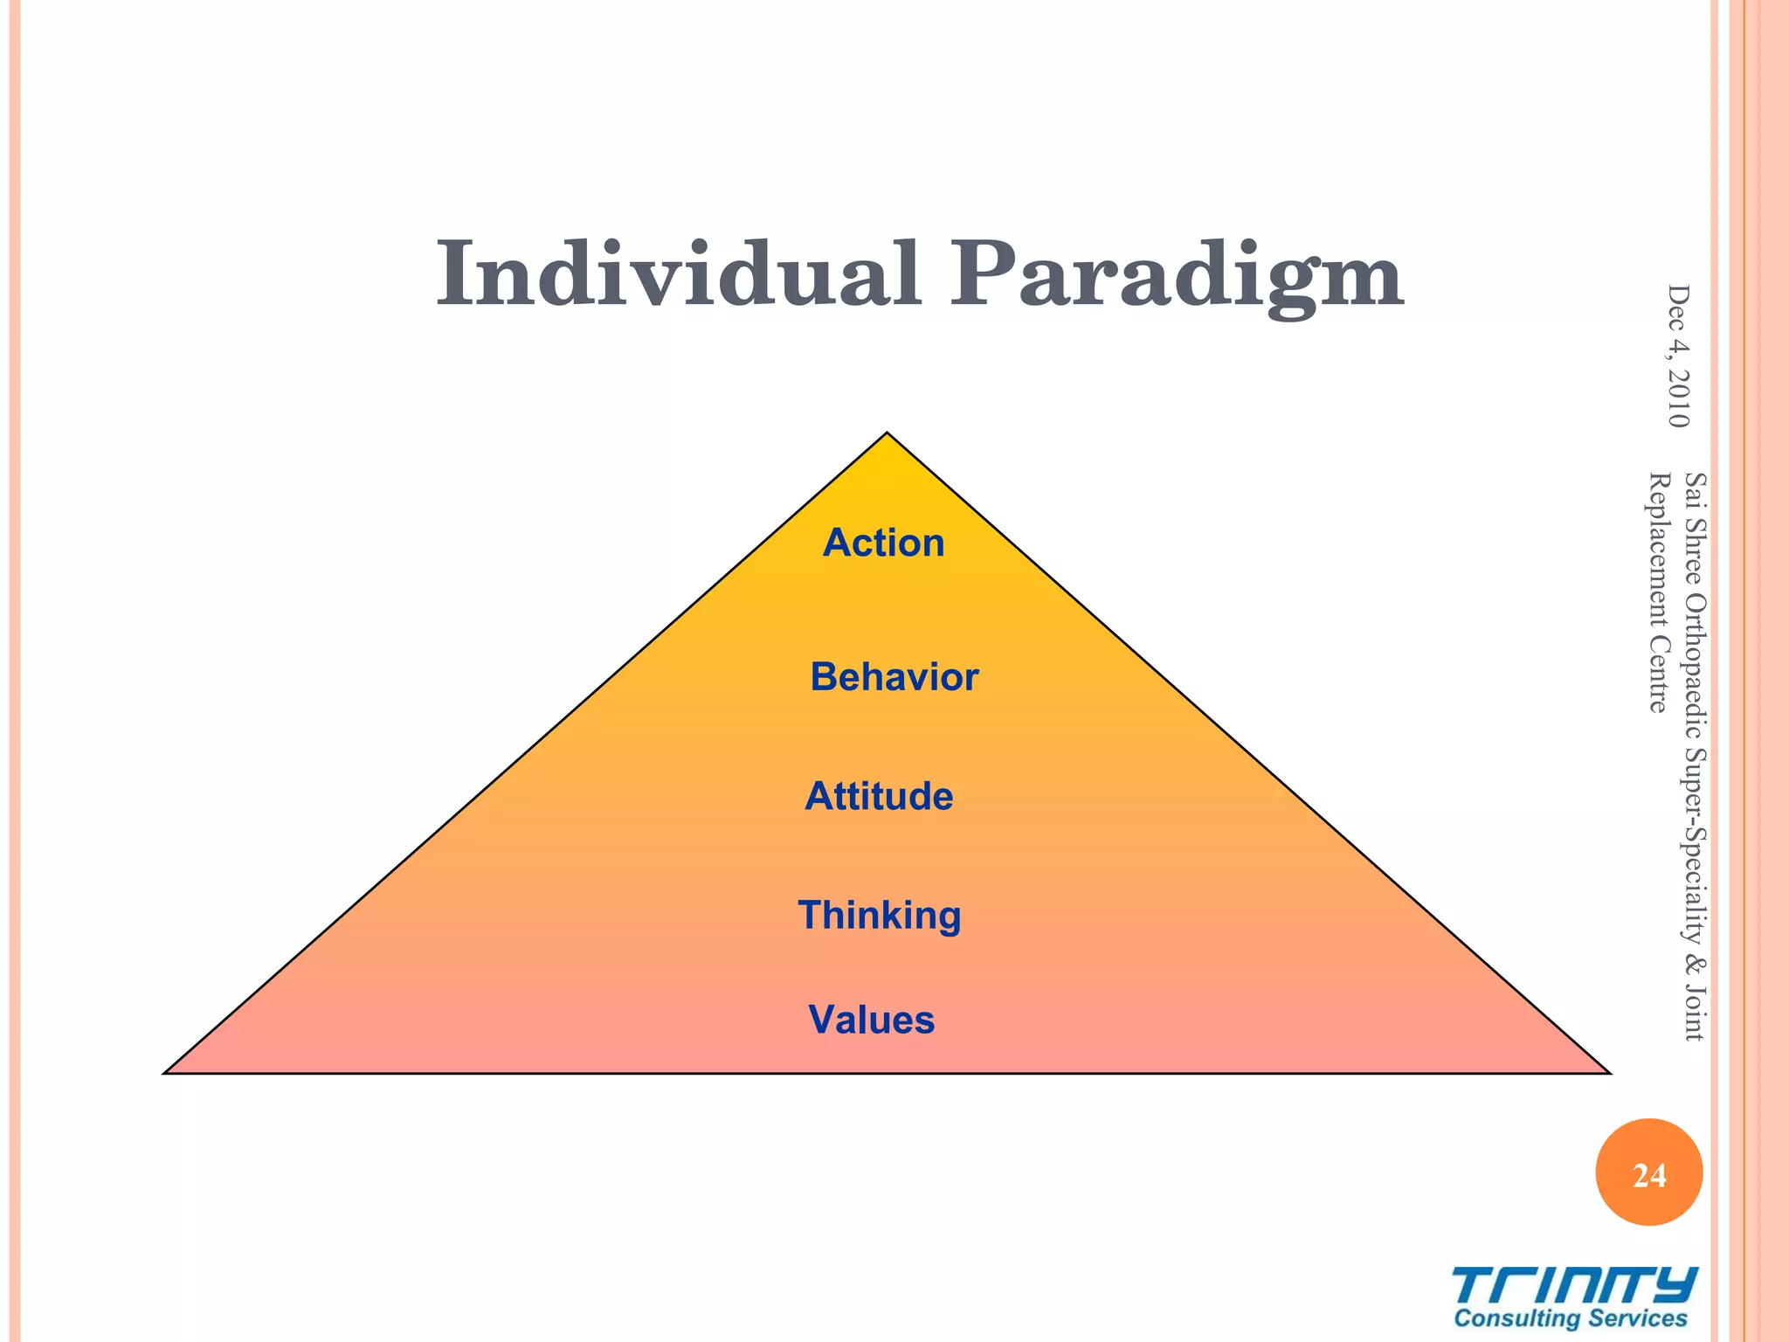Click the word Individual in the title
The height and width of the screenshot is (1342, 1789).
point(679,275)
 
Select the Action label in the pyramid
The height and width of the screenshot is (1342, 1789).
point(883,543)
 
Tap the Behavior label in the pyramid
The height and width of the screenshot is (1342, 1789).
point(894,677)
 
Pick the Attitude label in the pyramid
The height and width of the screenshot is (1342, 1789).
point(879,796)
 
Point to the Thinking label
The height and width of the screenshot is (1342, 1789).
point(879,916)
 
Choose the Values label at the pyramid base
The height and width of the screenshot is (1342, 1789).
point(871,1020)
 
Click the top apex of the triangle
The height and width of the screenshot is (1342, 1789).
point(887,433)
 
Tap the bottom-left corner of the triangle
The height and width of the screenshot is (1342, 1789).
point(166,1072)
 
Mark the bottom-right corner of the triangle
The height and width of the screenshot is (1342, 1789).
point(1608,1072)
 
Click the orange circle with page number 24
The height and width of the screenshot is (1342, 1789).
point(1648,1173)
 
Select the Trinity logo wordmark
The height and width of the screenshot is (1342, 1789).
point(1575,1286)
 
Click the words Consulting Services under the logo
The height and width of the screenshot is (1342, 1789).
point(1570,1318)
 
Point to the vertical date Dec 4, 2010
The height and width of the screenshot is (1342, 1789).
point(1678,356)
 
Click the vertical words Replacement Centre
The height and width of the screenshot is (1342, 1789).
point(1658,592)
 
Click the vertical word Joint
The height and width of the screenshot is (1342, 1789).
point(1695,1013)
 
